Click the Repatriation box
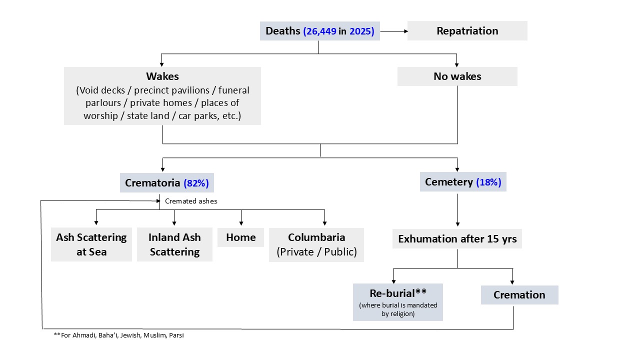[467, 30]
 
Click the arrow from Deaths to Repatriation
[394, 31]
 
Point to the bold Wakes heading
[162, 76]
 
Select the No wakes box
[457, 76]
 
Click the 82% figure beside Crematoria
[196, 183]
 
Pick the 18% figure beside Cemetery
[488, 182]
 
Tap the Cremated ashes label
[191, 201]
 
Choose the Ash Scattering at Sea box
[91, 244]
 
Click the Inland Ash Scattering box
[174, 244]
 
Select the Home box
[240, 237]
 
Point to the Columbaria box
[316, 245]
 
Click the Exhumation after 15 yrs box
[457, 238]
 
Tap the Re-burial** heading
[398, 293]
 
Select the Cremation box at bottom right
[519, 295]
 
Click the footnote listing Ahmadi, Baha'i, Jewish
[119, 335]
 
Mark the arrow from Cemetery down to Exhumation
[457, 210]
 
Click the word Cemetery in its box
[449, 182]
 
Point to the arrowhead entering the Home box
[241, 223]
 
